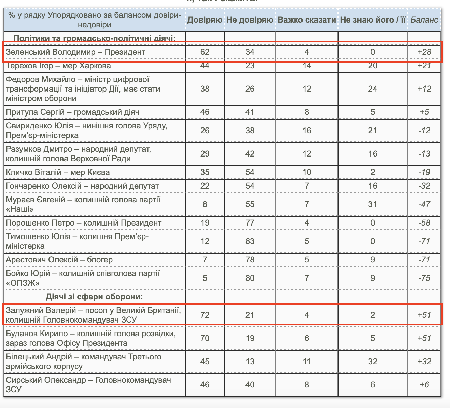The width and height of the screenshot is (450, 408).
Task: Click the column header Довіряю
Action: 205,20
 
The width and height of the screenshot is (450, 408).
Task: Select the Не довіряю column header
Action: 250,20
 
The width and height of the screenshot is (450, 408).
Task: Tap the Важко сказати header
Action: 307,20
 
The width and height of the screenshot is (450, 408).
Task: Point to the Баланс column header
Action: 424,20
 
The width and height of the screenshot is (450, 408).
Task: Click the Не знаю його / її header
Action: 373,20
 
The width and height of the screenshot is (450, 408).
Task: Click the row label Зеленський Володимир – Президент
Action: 75,52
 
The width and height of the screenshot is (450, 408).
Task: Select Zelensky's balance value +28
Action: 424,52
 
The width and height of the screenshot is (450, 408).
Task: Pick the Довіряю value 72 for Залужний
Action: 205,315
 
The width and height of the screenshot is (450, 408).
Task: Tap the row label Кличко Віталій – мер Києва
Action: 58,172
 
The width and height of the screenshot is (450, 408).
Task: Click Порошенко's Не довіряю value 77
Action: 250,223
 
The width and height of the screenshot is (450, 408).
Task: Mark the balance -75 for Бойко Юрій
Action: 424,278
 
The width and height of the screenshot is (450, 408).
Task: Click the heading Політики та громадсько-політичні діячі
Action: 95,38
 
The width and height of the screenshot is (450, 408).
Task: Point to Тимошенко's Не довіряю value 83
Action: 250,241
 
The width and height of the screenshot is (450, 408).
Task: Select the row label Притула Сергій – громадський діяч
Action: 72,112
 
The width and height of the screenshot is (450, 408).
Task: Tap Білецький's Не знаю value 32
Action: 373,361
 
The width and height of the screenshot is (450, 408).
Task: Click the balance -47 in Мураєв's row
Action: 424,204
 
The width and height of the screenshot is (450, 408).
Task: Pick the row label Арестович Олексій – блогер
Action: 59,260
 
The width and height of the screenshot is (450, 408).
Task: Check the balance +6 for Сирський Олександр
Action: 424,384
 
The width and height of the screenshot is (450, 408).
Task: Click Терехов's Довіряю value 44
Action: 205,66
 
